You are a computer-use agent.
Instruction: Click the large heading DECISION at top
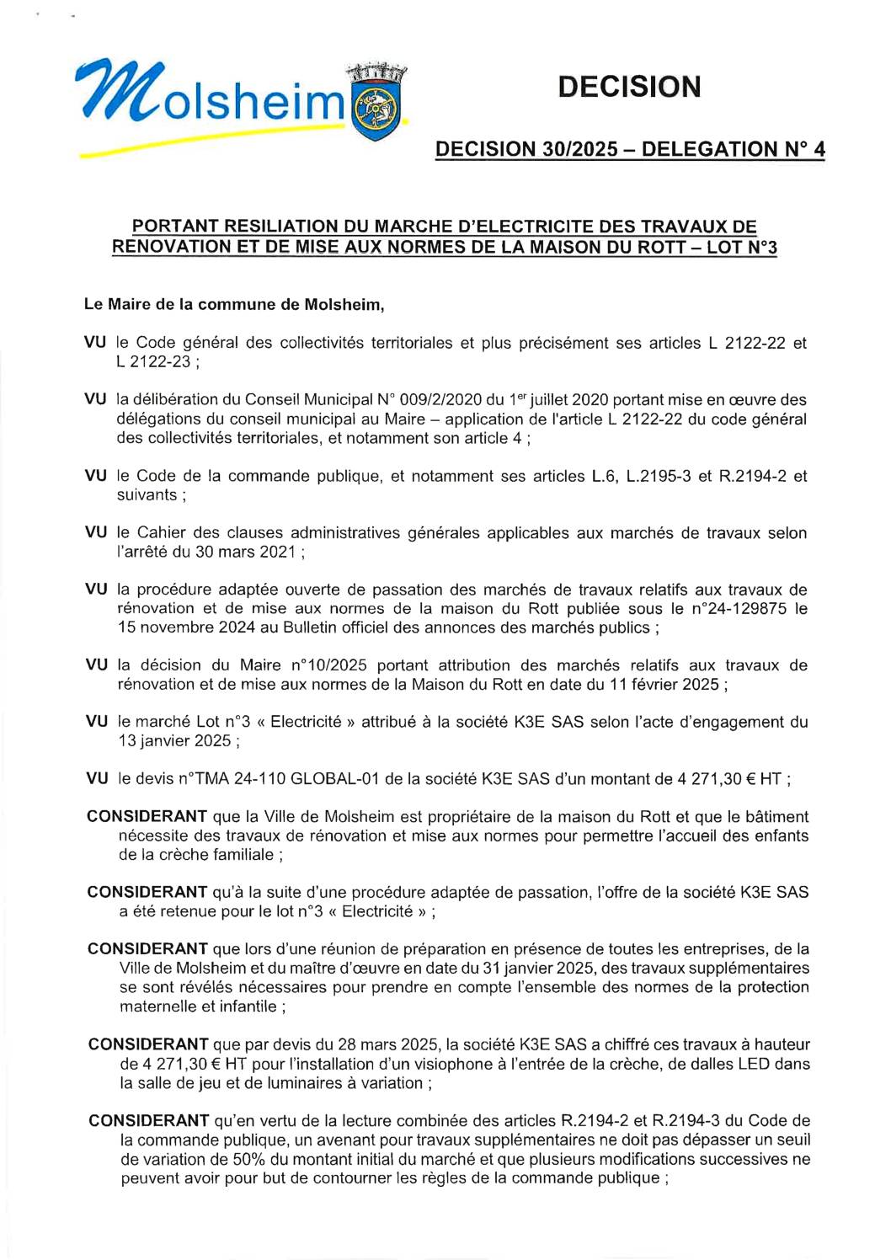pyautogui.click(x=629, y=87)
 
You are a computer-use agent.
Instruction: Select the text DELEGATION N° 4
pyautogui.click(x=733, y=150)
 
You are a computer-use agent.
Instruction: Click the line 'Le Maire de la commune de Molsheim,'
pyautogui.click(x=234, y=305)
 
